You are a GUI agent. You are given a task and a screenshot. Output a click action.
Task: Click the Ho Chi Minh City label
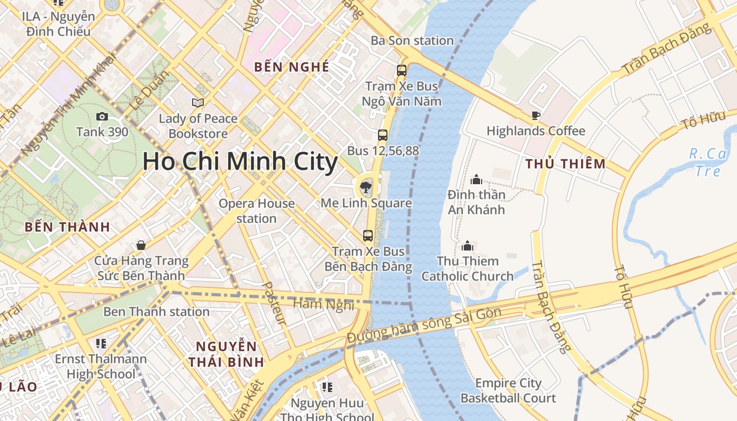[240, 161]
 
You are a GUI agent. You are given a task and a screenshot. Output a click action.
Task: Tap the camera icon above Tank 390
[102, 117]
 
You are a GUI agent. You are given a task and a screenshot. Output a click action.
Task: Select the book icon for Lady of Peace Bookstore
[198, 103]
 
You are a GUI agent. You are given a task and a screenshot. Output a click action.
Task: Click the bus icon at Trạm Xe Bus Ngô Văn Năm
[402, 70]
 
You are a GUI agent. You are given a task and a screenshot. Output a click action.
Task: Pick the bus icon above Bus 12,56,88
[383, 135]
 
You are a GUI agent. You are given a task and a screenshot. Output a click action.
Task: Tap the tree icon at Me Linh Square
[364, 186]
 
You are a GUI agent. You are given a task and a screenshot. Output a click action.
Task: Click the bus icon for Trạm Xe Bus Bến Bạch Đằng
[368, 236]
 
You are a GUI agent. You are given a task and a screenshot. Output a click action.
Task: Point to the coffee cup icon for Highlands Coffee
[536, 115]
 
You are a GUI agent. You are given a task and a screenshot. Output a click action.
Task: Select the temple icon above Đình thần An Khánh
[476, 179]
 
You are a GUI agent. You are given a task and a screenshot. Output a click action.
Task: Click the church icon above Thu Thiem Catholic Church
[467, 246]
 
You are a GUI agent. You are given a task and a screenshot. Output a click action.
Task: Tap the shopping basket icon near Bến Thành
[141, 245]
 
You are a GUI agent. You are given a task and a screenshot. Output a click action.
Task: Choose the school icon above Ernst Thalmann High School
[101, 344]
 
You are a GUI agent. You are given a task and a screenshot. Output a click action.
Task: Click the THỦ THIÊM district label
[566, 164]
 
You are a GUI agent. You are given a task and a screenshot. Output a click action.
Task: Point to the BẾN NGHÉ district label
[292, 67]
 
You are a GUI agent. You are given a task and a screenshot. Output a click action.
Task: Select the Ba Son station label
[412, 41]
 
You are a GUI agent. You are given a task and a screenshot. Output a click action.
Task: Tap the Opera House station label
[256, 210]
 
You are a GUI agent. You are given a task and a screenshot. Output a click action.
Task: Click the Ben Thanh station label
[156, 312]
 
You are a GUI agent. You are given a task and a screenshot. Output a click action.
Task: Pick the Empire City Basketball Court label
[508, 390]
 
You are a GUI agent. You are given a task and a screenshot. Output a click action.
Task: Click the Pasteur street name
[274, 303]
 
